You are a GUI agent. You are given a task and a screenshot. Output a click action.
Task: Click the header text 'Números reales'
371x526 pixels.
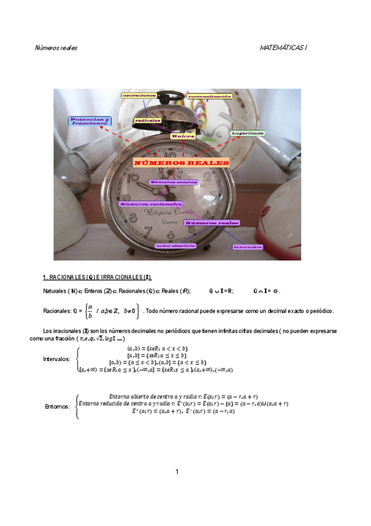click(55, 48)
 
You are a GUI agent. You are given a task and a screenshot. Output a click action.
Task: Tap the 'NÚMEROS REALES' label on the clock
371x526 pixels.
click(181, 163)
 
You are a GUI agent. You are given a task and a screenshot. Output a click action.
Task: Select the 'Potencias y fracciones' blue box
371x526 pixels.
click(90, 121)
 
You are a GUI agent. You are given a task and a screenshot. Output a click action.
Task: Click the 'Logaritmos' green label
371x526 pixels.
click(248, 133)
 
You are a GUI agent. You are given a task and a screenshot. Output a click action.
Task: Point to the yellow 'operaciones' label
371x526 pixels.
click(139, 96)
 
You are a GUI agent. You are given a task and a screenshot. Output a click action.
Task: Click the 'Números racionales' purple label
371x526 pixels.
click(150, 203)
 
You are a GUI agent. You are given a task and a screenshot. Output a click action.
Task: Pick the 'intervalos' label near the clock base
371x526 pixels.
click(248, 247)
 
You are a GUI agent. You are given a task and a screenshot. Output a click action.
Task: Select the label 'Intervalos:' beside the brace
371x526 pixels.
click(56, 359)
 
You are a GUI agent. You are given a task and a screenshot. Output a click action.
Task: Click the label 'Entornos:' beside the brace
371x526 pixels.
click(58, 407)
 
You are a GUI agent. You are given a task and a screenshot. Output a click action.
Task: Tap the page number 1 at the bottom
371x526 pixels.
click(177, 472)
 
